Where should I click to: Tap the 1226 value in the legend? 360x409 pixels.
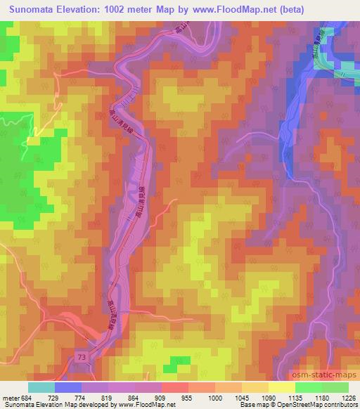[x=348, y=398]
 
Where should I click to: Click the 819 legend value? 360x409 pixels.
[x=96, y=398]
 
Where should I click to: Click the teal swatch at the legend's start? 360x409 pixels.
[x=41, y=387]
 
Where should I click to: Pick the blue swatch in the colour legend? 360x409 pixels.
[x=68, y=387]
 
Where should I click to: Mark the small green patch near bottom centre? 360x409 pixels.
[x=171, y=368]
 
